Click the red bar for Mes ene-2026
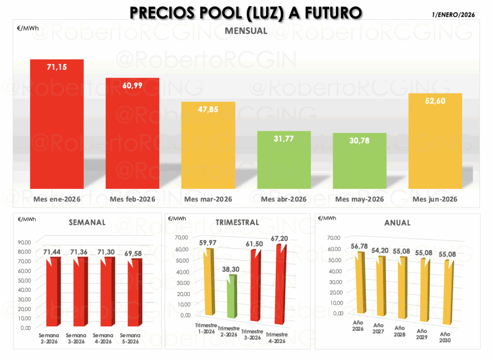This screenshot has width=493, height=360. [x=57, y=124]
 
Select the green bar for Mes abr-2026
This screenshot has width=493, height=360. [x=284, y=160]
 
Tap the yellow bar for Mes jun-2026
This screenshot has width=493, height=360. [x=435, y=141]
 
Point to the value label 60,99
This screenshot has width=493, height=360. [x=132, y=86]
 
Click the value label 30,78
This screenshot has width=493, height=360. [x=359, y=141]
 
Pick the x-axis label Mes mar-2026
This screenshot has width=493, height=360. [x=208, y=199]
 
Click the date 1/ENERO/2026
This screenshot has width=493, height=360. [x=454, y=15]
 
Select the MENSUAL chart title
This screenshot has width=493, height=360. [x=246, y=31]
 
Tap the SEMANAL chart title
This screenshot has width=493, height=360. [x=87, y=223]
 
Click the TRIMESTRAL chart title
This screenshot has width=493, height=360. [x=237, y=223]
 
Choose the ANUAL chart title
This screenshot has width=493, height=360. [x=397, y=223]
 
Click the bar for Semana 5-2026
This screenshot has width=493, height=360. [x=135, y=292]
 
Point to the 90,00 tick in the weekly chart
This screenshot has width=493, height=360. [x=25, y=243]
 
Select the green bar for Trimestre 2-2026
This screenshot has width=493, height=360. [x=232, y=296]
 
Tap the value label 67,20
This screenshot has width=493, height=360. [x=280, y=239]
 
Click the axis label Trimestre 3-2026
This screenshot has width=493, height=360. [x=252, y=334]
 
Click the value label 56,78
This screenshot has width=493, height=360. [x=359, y=246]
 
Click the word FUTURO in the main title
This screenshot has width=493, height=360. [x=333, y=13]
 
